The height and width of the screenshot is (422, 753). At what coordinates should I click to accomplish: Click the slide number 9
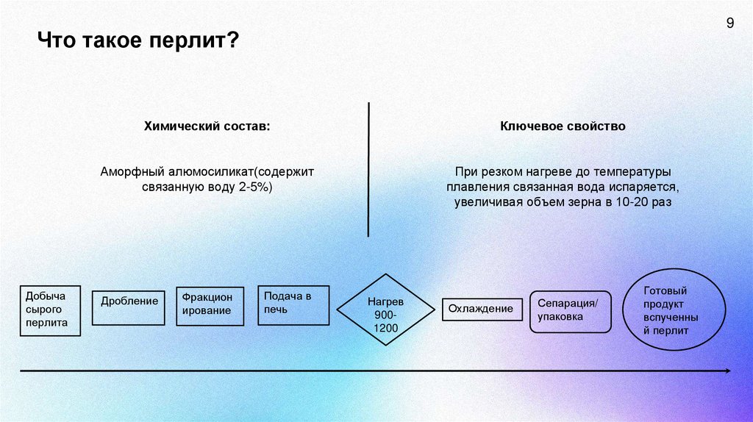pyautogui.click(x=729, y=23)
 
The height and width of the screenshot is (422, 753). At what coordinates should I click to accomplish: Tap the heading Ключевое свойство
pyautogui.click(x=563, y=126)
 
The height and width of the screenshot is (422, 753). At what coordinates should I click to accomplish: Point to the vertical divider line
pyautogui.click(x=368, y=169)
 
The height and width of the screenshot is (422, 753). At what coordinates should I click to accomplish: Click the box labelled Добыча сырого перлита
pyautogui.click(x=51, y=310)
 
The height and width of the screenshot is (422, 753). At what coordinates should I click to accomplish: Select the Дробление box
pyautogui.click(x=128, y=307)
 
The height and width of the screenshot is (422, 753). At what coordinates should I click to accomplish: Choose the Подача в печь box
pyautogui.click(x=293, y=304)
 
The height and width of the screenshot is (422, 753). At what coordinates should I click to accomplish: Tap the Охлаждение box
pyautogui.click(x=482, y=309)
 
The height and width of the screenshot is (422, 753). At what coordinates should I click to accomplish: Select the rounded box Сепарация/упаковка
pyautogui.click(x=570, y=311)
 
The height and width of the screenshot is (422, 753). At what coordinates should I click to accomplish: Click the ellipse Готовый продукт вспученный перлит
pyautogui.click(x=674, y=310)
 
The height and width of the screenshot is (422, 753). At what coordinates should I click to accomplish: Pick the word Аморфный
pyautogui.click(x=126, y=171)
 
